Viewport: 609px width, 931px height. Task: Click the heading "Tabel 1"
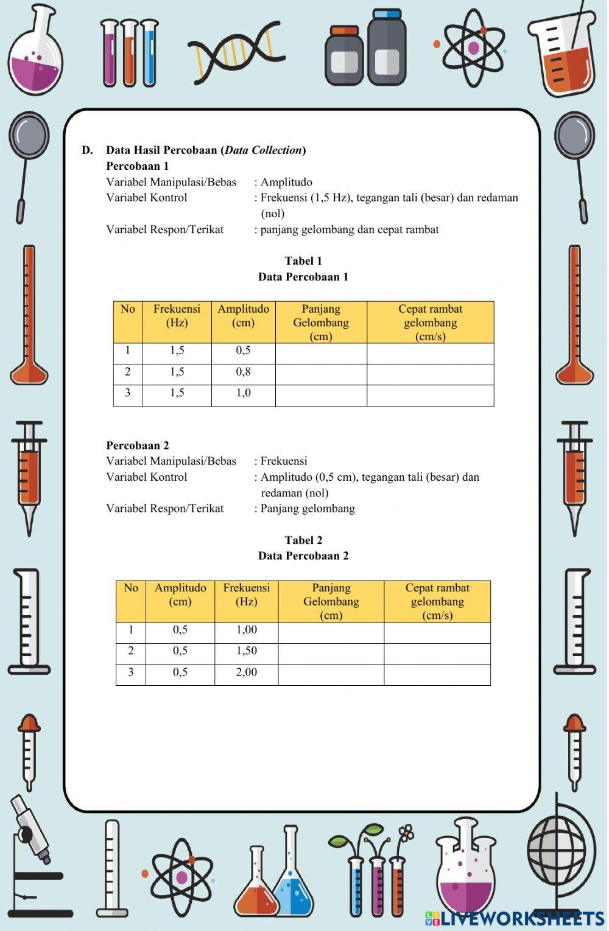tap(303, 261)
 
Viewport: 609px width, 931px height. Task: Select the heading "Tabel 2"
tap(303, 540)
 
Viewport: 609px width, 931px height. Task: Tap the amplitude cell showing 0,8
tap(244, 372)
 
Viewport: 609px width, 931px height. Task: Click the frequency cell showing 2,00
tap(247, 672)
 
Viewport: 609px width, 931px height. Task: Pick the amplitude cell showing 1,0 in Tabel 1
tap(244, 393)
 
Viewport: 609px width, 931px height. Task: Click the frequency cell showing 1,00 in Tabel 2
tap(247, 630)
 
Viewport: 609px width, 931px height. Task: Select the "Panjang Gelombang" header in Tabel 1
tap(321, 323)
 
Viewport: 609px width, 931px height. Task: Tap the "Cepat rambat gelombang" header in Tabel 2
tap(437, 601)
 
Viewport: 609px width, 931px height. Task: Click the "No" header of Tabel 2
tap(131, 588)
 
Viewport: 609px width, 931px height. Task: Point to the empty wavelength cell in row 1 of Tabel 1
tap(321, 354)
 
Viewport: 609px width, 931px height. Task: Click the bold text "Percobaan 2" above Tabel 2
tap(138, 445)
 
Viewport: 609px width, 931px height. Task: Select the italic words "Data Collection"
tap(263, 150)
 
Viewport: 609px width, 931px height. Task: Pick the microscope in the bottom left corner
tap(33, 852)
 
